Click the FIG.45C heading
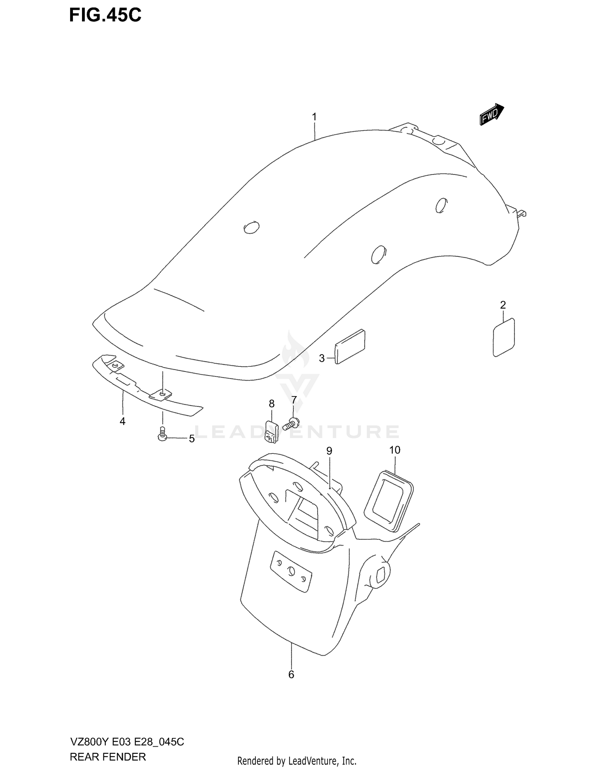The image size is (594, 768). point(105,15)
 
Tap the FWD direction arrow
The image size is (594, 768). point(491,115)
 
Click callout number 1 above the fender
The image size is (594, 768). point(314,117)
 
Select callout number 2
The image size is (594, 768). point(503,305)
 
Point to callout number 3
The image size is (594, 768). point(322,358)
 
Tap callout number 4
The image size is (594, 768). point(122,422)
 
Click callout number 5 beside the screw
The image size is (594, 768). point(192,439)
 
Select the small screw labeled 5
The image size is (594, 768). point(162,434)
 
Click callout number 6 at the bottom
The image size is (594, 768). point(291,675)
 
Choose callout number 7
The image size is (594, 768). point(294,400)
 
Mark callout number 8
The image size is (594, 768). point(272,404)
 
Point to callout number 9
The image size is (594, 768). point(329,451)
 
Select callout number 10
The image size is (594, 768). point(395,450)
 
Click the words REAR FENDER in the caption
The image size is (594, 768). point(108,757)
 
